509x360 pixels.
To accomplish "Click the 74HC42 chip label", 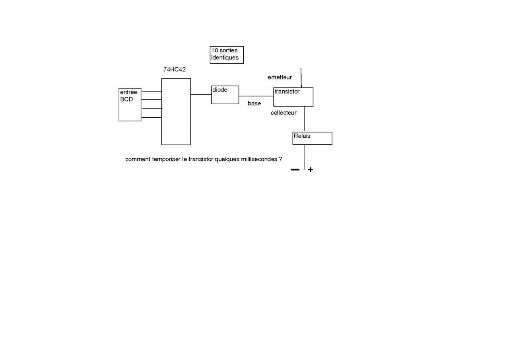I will tap(174, 69).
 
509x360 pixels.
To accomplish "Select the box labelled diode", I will tap(225, 95).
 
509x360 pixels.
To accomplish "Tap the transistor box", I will tap(293, 97).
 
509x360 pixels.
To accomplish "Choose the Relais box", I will tap(312, 138).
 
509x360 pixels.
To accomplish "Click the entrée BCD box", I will tap(130, 105).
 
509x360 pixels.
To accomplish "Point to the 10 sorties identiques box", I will tap(227, 55).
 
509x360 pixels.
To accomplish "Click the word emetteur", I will tap(280, 77).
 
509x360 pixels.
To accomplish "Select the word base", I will tap(254, 103).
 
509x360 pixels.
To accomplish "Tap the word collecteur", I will tap(284, 113).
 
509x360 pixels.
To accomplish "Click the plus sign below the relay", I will tap(311, 169).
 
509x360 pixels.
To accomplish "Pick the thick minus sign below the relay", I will tap(295, 169).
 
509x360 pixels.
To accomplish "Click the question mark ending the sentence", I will tap(280, 159).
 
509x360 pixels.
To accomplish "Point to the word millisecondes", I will tap(259, 159).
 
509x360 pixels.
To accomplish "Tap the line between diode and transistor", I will tap(256, 96).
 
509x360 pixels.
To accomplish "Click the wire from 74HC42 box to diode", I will tap(201, 95).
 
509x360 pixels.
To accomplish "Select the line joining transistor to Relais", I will tap(305, 119).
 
